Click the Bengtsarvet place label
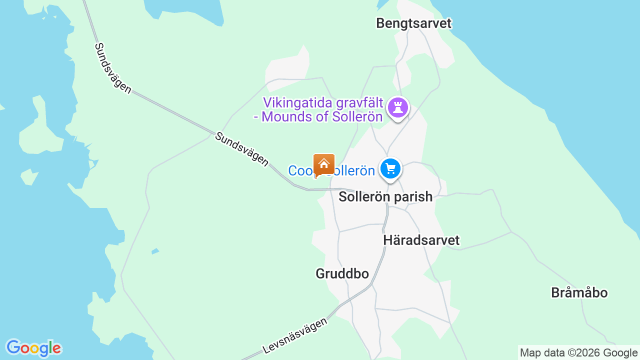[413, 23]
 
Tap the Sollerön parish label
[385, 196]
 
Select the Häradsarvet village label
[421, 240]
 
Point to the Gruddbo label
[342, 273]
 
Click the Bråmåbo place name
[579, 292]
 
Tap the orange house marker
[323, 164]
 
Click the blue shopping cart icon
[390, 168]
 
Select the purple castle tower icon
[398, 107]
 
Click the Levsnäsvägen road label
[295, 335]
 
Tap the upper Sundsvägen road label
[113, 68]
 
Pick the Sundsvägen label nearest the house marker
[241, 149]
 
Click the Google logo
[33, 348]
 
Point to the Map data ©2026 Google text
[578, 353]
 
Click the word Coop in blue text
[300, 171]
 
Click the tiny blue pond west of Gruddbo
[155, 250]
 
